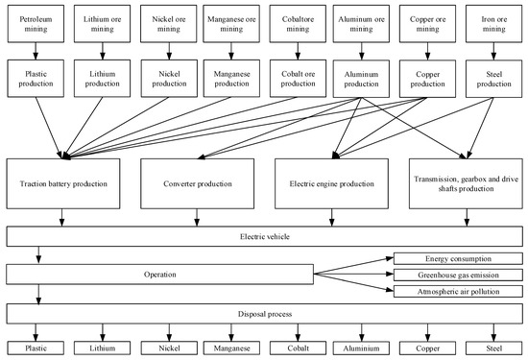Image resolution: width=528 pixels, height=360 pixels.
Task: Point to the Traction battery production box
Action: pyautogui.click(x=64, y=182)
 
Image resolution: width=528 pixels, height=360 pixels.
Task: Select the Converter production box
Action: pyautogui.click(x=198, y=182)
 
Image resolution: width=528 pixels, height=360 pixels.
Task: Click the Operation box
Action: pyautogui.click(x=161, y=274)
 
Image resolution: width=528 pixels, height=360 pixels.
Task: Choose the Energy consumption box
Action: pyautogui.click(x=458, y=258)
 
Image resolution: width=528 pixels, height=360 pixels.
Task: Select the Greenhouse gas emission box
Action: pyautogui.click(x=458, y=275)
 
